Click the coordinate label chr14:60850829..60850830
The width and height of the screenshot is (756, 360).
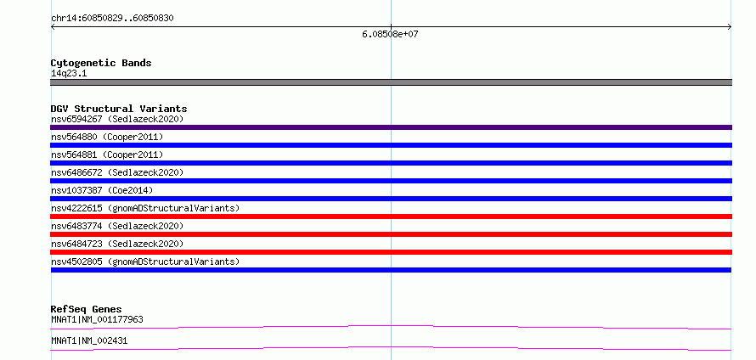[x=112, y=19]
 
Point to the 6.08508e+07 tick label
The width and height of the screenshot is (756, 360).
[x=390, y=35]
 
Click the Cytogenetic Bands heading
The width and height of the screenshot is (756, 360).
[x=101, y=63]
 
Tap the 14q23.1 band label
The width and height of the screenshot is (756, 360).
[x=69, y=74]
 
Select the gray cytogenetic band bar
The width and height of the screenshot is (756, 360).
[x=391, y=82]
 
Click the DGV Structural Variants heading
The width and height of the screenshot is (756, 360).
[x=119, y=109]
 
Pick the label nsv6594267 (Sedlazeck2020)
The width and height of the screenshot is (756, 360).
[x=117, y=119]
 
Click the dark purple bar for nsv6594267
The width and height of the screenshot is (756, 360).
[x=391, y=127]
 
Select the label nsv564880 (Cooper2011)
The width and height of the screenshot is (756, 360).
[x=107, y=137]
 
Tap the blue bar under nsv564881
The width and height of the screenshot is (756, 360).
[x=391, y=163]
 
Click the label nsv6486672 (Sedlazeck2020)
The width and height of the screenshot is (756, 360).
[x=117, y=172]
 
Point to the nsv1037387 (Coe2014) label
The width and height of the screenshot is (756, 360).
[x=102, y=190]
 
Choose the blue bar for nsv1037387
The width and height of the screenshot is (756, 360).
[x=391, y=199]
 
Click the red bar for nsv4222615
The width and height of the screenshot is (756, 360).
[x=391, y=217]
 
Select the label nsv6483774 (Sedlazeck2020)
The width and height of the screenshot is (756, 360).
[x=117, y=226]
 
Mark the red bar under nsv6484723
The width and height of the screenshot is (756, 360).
[x=391, y=252]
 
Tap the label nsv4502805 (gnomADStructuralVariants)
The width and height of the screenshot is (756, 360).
[x=145, y=262]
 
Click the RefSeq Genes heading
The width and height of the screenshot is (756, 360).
[x=87, y=309]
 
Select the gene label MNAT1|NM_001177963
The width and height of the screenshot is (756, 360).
[x=97, y=319]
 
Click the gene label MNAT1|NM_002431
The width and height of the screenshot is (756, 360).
[x=89, y=340]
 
